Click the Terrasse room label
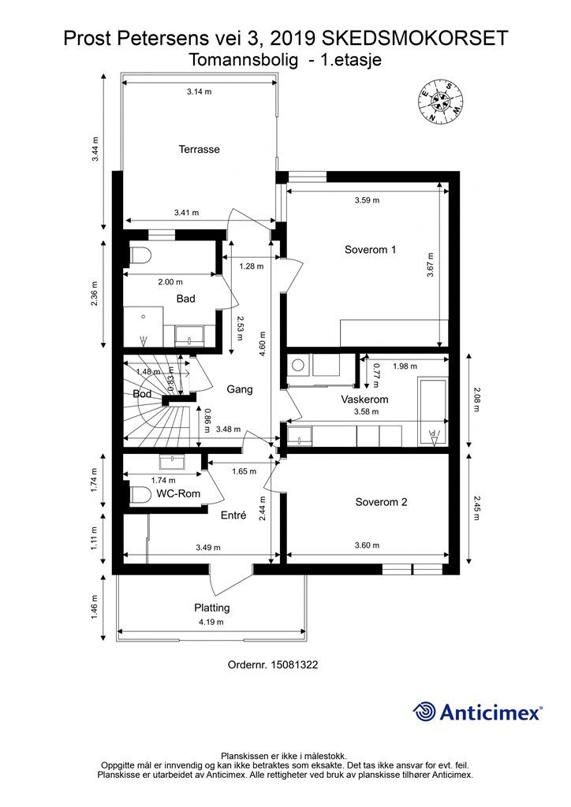click(x=199, y=149)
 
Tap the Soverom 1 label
click(x=370, y=250)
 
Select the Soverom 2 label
click(x=381, y=502)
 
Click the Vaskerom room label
click(x=364, y=400)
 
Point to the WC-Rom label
click(x=177, y=494)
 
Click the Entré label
click(x=233, y=516)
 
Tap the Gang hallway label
click(x=239, y=389)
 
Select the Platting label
click(x=212, y=608)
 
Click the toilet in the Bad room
click(x=140, y=258)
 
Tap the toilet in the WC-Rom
click(x=140, y=494)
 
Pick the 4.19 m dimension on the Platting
click(x=211, y=622)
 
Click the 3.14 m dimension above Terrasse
click(x=199, y=92)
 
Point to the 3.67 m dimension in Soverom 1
click(x=431, y=264)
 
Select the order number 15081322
click(x=272, y=664)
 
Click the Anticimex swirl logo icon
click(x=425, y=712)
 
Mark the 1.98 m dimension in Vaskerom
click(x=405, y=366)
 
